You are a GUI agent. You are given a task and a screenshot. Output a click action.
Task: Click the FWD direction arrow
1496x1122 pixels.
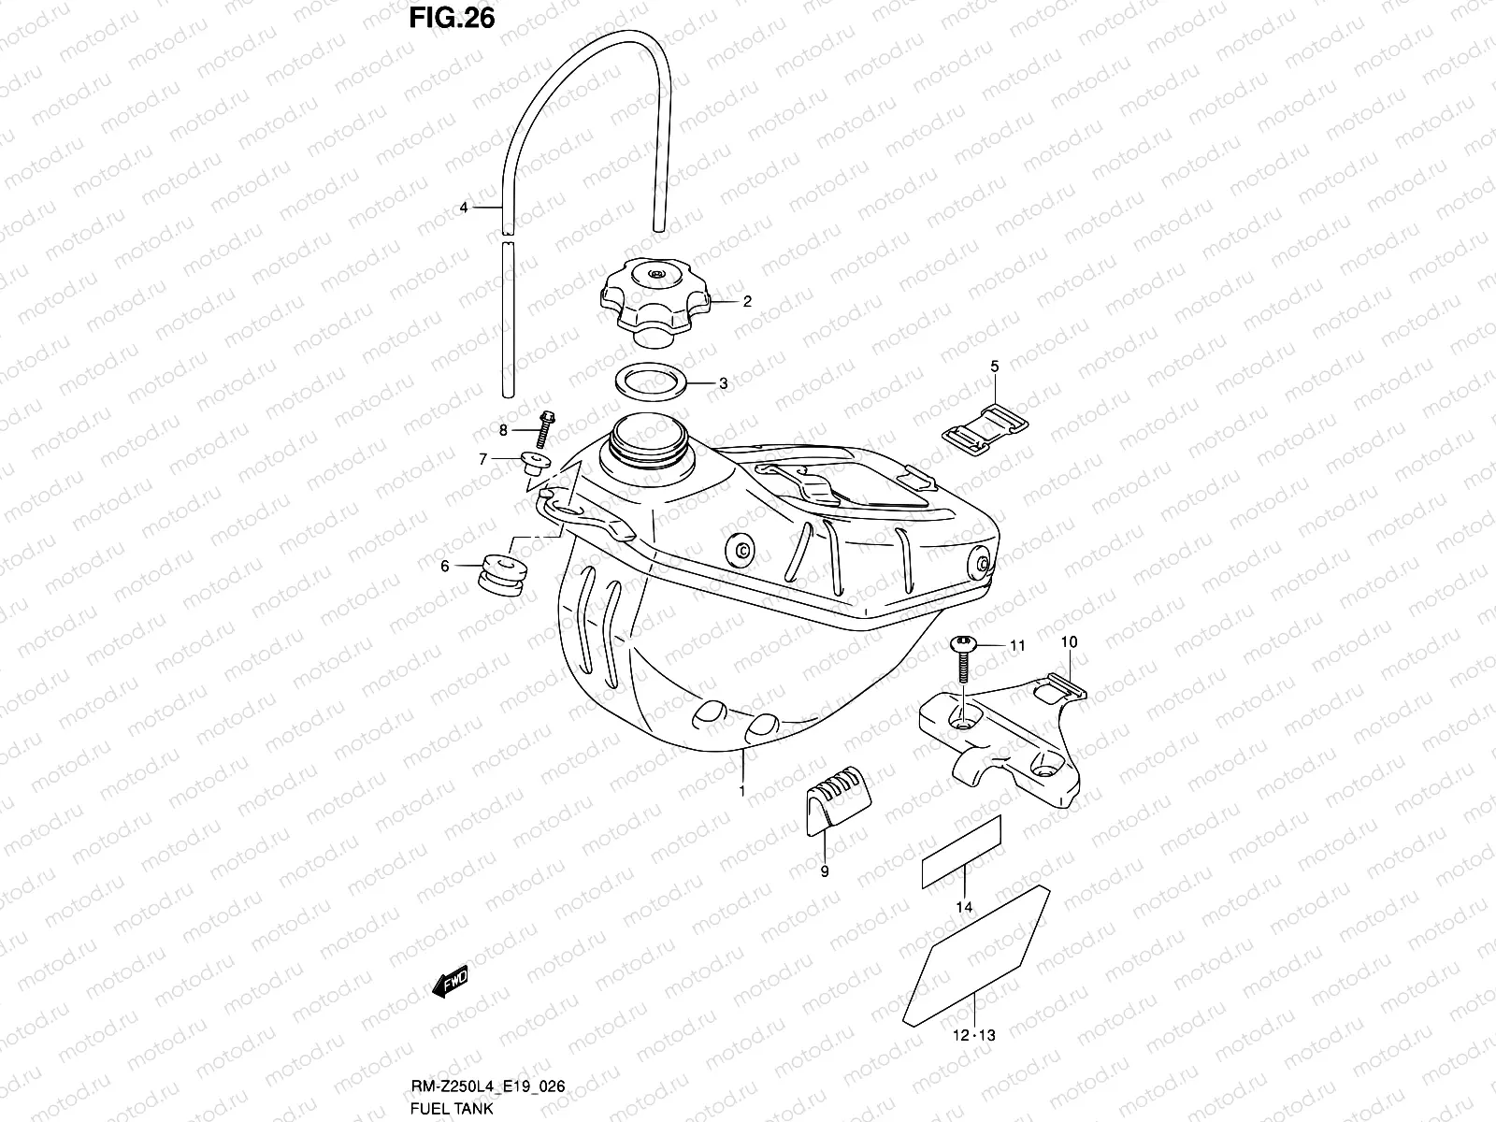[x=449, y=982]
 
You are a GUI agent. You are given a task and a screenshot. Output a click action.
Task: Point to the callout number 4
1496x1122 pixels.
[x=463, y=208]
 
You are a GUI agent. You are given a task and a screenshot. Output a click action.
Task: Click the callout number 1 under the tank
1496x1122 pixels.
[x=741, y=791]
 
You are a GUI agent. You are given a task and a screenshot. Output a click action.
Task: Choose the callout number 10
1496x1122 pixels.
[x=1070, y=641]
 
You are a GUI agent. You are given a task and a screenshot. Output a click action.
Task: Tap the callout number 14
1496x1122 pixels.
[x=964, y=907]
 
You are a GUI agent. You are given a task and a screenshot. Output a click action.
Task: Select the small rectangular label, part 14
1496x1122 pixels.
[x=961, y=851]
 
